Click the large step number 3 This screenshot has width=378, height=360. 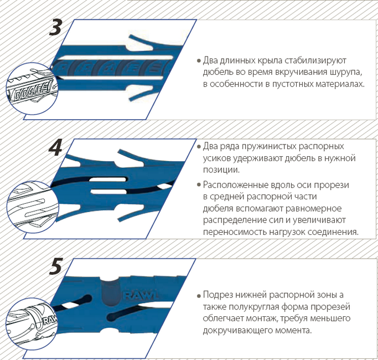[56, 27]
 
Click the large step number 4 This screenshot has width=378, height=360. [56, 147]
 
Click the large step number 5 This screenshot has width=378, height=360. [56, 266]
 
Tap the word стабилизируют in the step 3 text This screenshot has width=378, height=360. [315, 60]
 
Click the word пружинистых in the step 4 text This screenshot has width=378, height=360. [269, 147]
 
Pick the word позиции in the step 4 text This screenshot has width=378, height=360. [221, 170]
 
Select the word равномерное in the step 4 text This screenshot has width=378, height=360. [313, 208]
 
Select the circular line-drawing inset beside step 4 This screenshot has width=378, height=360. [33, 207]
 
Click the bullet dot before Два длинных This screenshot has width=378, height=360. [199, 61]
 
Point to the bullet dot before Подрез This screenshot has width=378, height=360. [199, 296]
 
